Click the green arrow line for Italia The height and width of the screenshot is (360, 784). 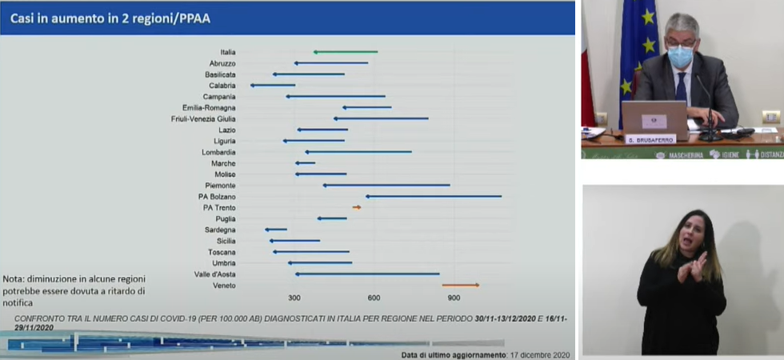(x=346, y=52)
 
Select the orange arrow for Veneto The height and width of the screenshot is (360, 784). (x=460, y=285)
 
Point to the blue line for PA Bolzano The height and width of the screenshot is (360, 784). (x=434, y=196)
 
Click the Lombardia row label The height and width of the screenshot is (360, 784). (x=218, y=152)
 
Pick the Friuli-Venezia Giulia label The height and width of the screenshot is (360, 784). (x=203, y=118)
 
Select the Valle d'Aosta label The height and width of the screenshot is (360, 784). (x=214, y=274)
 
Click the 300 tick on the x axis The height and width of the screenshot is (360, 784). (x=294, y=298)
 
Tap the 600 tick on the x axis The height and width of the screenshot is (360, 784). (x=374, y=298)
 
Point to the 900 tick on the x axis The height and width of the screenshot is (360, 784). (x=454, y=298)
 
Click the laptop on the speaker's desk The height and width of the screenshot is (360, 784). (x=654, y=118)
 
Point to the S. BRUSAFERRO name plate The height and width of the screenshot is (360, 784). (x=650, y=139)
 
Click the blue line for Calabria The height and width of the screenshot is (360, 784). (x=273, y=85)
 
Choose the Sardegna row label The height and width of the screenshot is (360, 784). (x=219, y=230)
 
